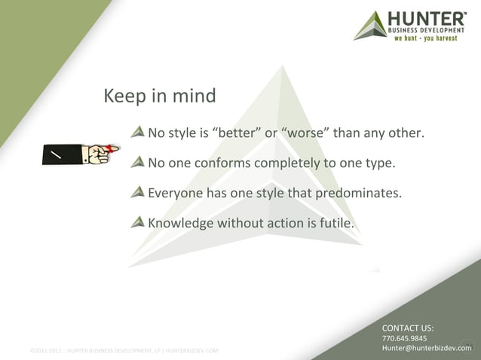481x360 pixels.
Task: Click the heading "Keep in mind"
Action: pyautogui.click(x=159, y=96)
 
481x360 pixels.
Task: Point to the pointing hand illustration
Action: pyautogui.click(x=79, y=153)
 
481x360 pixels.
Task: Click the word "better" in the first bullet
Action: pyautogui.click(x=237, y=135)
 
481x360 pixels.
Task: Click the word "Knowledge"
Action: pyautogui.click(x=180, y=223)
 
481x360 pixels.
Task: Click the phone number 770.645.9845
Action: pyautogui.click(x=405, y=339)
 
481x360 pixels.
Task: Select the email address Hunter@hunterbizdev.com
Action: pyautogui.click(x=425, y=349)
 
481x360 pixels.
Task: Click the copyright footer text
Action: pyautogui.click(x=124, y=351)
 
